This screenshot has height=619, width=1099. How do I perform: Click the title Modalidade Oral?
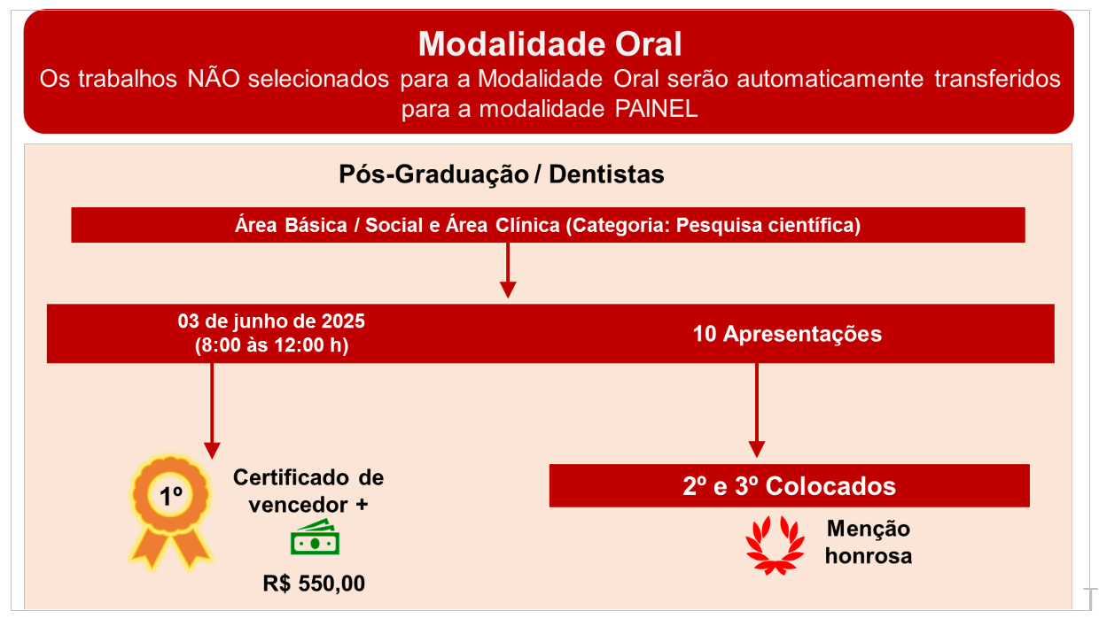tap(549, 44)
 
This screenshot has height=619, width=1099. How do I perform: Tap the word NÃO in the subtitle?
tap(214, 79)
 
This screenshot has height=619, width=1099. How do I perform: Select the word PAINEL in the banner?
tap(656, 108)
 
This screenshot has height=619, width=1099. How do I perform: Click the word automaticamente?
tap(830, 79)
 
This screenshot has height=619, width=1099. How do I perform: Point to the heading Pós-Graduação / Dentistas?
tap(502, 174)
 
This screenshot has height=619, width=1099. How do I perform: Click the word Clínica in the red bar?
tap(527, 225)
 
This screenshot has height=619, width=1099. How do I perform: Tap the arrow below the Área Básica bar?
tap(508, 270)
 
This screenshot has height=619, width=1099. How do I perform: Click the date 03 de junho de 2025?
tap(271, 321)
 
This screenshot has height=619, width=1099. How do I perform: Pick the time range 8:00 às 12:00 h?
tap(271, 345)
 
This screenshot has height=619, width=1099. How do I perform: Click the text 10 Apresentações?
tap(787, 334)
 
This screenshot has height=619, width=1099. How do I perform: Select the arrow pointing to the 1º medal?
tap(212, 411)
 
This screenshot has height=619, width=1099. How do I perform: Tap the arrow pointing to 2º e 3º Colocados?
tap(757, 410)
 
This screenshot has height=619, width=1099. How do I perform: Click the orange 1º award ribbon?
tap(170, 512)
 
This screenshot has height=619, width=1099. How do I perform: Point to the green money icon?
tap(315, 538)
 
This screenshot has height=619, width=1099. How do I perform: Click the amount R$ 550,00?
tap(314, 584)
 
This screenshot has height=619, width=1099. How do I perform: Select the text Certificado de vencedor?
tap(308, 491)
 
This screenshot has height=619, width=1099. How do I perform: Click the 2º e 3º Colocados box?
tap(789, 485)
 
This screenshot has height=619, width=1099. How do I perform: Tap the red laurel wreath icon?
tap(776, 545)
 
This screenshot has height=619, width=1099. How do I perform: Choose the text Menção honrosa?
tap(869, 543)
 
